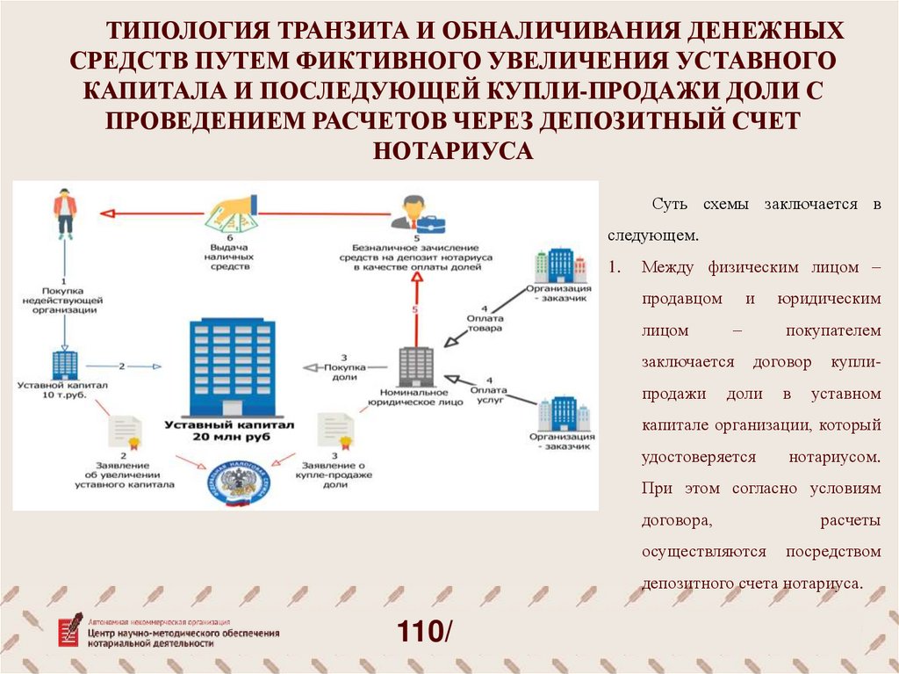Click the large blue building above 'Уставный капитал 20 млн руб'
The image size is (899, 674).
point(232,366)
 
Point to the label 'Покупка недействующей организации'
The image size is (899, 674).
point(65,300)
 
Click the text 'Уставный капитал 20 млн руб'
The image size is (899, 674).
point(232,430)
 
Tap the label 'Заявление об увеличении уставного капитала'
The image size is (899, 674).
point(124,475)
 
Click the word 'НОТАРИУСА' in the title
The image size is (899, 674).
point(453,150)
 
